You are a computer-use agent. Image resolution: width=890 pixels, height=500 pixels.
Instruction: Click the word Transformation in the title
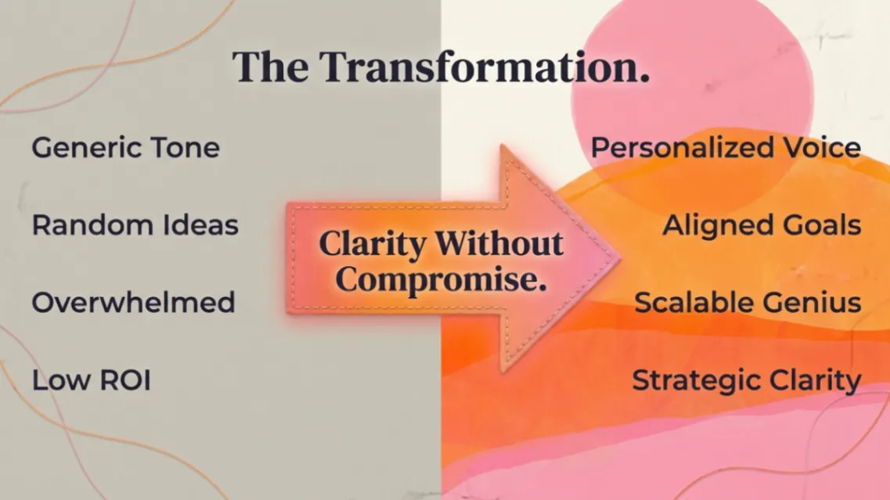(x=485, y=67)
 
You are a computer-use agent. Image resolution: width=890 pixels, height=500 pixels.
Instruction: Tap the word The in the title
(x=270, y=67)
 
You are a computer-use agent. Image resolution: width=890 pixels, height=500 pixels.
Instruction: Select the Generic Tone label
(x=125, y=148)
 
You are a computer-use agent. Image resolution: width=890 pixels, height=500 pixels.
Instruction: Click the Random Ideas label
(x=135, y=225)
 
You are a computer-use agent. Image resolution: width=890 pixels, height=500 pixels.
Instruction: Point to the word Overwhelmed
(x=133, y=302)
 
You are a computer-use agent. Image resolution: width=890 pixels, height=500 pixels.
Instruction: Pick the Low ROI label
(x=92, y=379)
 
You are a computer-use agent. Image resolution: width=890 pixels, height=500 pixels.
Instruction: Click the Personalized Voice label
(x=726, y=148)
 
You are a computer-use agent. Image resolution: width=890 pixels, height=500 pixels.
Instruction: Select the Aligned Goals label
(x=762, y=225)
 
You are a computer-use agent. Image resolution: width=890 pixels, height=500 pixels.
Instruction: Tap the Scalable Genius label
(x=748, y=303)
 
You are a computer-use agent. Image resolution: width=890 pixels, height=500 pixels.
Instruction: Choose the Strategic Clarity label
(x=747, y=381)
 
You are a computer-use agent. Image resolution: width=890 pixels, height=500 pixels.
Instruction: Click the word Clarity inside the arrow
(x=373, y=245)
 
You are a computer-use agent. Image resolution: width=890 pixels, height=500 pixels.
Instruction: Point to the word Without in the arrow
(x=499, y=243)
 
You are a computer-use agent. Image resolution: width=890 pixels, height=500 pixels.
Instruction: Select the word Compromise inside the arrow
(x=441, y=280)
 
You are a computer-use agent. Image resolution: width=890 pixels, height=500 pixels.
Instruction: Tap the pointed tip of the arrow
(x=620, y=259)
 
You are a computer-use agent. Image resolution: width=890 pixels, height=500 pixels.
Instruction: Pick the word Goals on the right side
(x=822, y=225)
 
